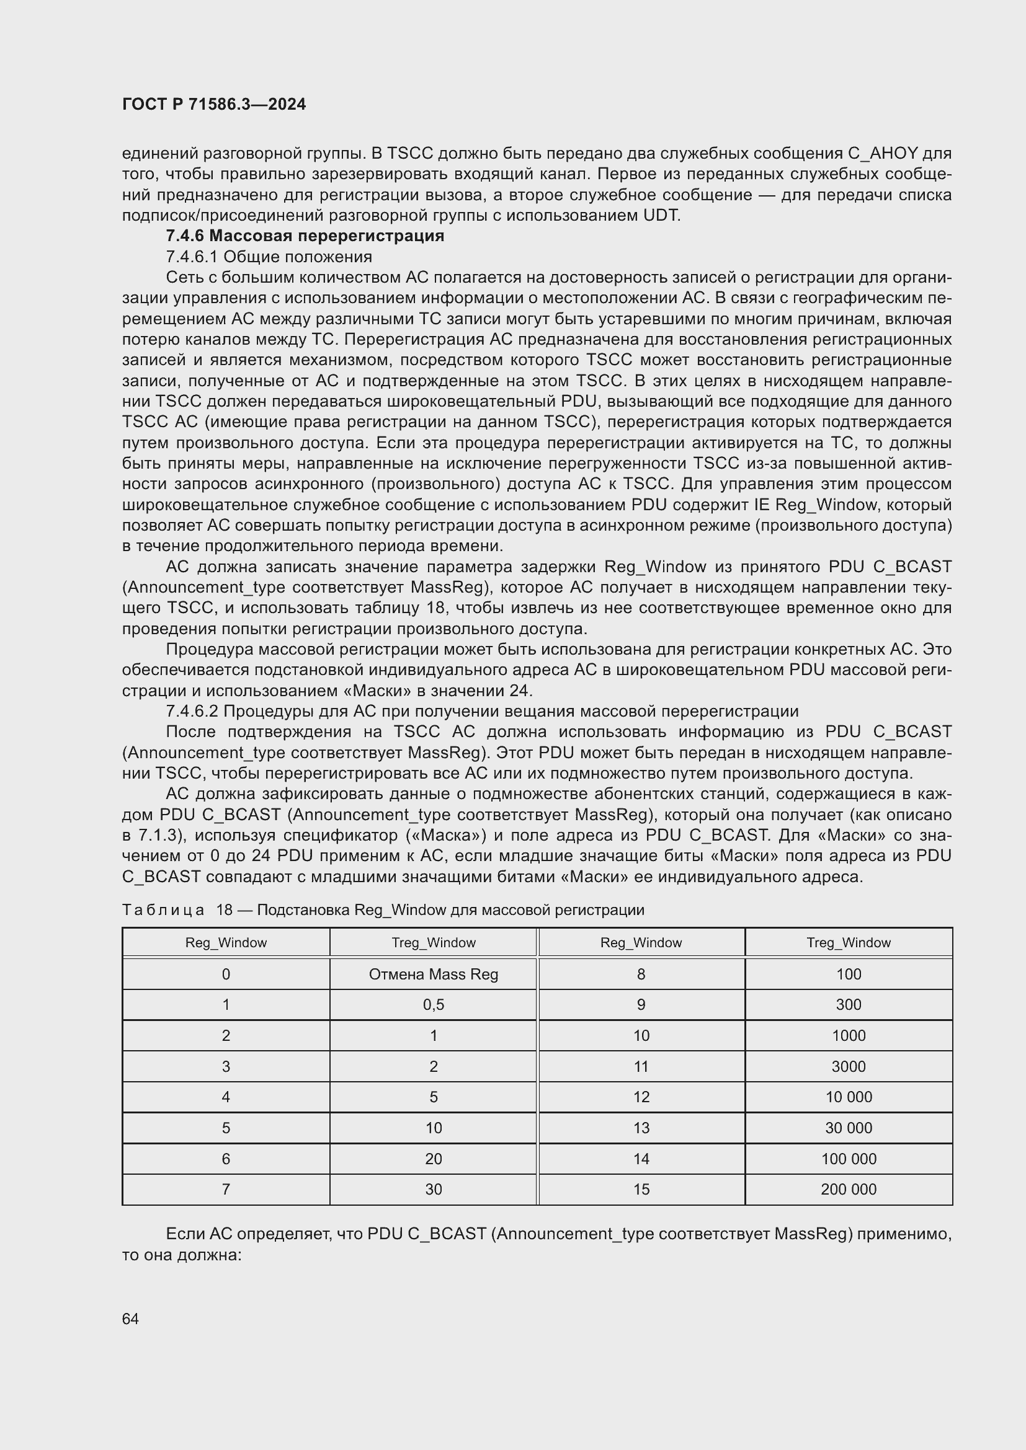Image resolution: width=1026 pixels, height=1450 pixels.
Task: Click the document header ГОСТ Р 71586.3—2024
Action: [x=213, y=104]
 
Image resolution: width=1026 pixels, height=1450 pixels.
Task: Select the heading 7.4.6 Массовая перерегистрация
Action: [x=305, y=236]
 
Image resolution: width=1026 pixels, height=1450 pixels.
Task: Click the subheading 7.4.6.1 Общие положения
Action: [x=269, y=257]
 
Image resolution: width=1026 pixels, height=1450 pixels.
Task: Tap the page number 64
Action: [x=130, y=1319]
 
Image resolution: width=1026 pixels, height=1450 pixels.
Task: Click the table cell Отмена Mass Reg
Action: [x=434, y=975]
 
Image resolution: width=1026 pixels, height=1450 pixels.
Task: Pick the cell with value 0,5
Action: [x=434, y=1005]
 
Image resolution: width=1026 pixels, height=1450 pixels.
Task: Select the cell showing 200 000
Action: [x=849, y=1190]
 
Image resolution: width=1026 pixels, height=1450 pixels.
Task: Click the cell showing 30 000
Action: [x=849, y=1128]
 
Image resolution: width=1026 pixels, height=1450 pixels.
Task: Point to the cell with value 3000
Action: [x=849, y=1067]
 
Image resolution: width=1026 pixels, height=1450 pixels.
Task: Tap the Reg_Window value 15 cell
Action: [x=641, y=1190]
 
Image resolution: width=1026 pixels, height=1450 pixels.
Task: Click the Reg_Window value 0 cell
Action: [x=226, y=975]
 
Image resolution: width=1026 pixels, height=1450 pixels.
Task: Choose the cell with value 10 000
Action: [x=849, y=1097]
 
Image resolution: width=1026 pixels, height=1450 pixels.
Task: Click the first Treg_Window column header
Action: [x=434, y=943]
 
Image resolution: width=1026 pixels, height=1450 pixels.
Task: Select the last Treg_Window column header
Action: [x=849, y=943]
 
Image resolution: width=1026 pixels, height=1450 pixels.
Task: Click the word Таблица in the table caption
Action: [x=163, y=910]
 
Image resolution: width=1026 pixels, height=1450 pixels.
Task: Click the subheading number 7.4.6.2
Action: [x=192, y=712]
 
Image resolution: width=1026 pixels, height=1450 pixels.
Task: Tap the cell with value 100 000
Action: [x=849, y=1159]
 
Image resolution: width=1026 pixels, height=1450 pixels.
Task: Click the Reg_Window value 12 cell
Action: [x=641, y=1097]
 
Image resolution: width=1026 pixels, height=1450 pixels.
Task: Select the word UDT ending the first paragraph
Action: [x=661, y=215]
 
